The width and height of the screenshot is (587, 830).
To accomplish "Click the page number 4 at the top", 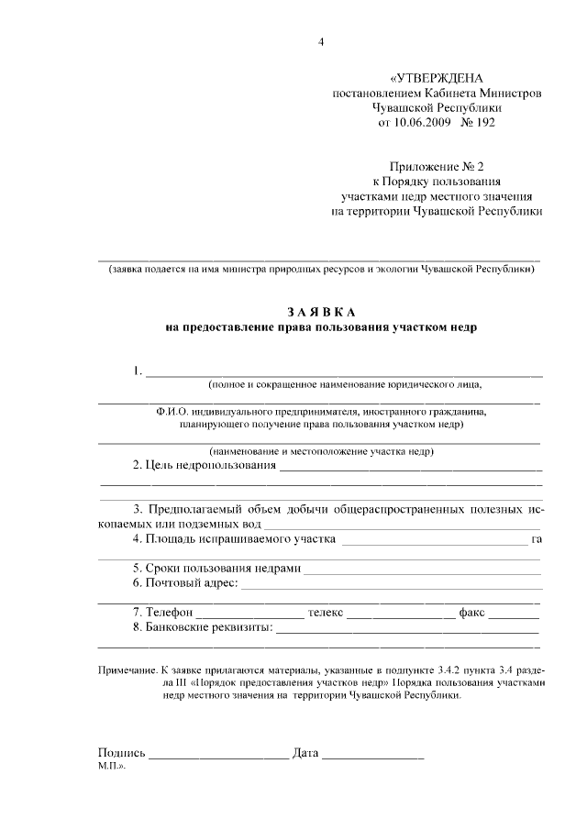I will [x=321, y=41].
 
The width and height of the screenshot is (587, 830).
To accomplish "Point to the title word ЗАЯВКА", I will [x=321, y=312].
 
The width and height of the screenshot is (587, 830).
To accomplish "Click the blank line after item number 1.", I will [x=344, y=374].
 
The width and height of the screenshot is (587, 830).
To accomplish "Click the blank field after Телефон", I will [x=249, y=614].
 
